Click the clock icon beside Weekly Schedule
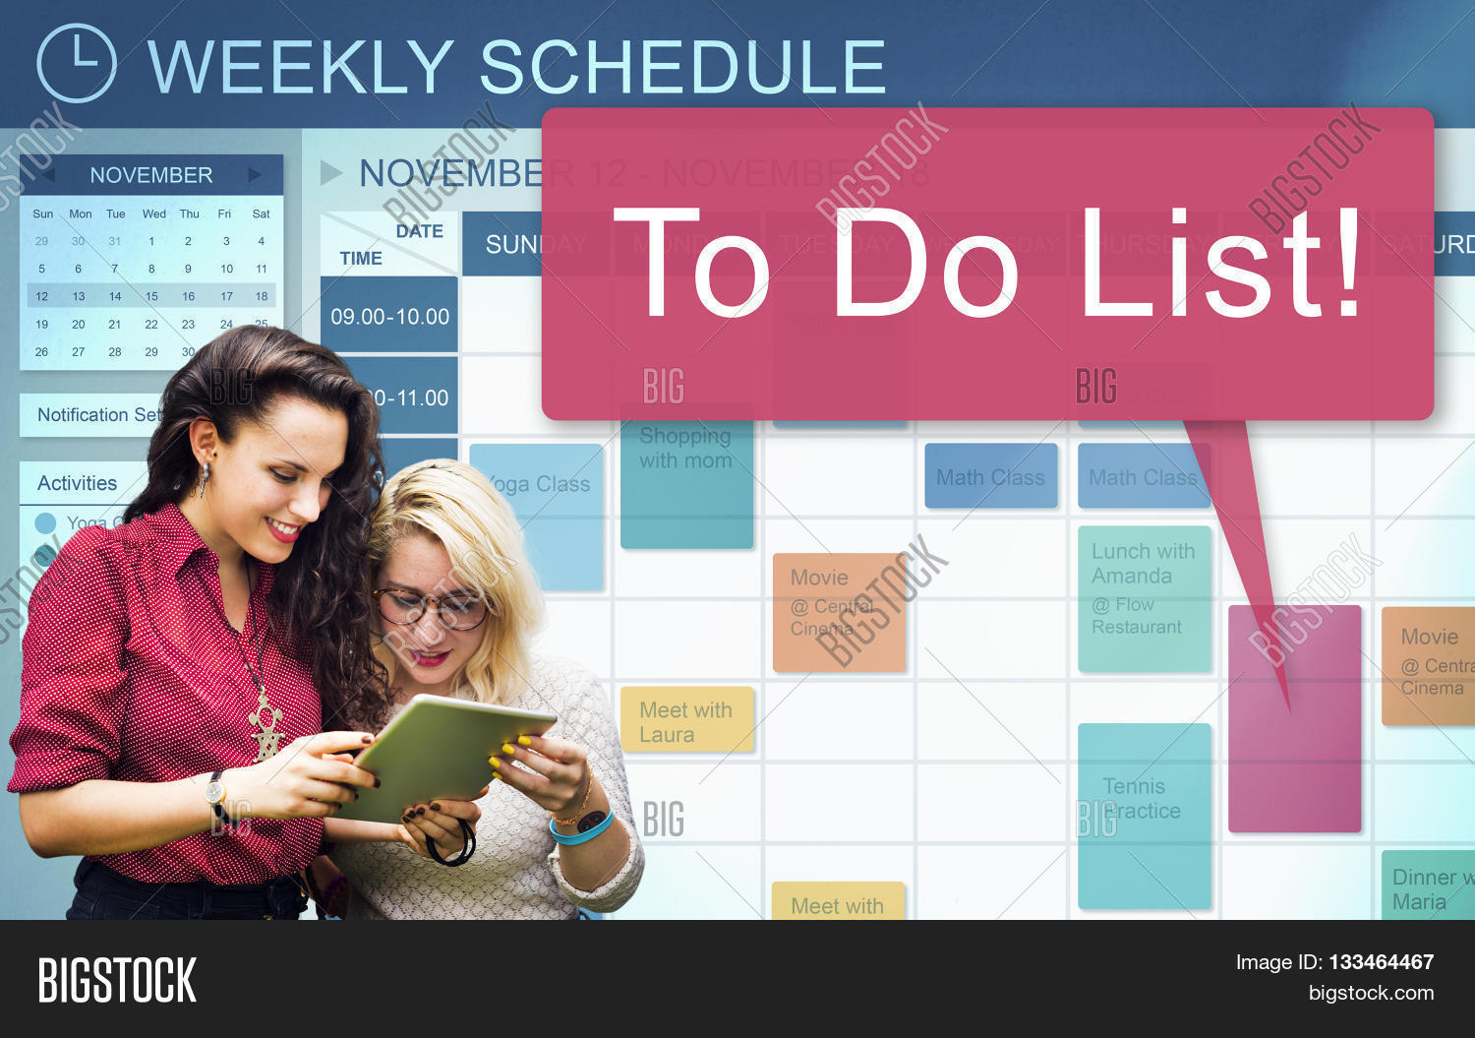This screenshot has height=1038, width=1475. click(x=77, y=64)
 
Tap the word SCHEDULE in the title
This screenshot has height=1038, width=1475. click(x=682, y=67)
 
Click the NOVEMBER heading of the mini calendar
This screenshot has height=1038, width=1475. click(x=151, y=175)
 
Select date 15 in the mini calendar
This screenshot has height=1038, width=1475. click(x=151, y=296)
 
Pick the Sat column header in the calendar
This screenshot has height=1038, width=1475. click(x=261, y=214)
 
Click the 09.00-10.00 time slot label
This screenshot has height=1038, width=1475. click(x=389, y=317)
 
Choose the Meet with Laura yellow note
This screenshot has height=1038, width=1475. click(x=686, y=721)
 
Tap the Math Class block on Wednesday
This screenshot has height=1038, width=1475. click(x=990, y=477)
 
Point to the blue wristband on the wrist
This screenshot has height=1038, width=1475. click(x=582, y=829)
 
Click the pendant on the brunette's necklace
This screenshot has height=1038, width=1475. click(x=265, y=728)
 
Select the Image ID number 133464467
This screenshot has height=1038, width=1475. click(x=1381, y=962)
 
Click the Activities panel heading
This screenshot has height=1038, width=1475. click(x=78, y=483)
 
